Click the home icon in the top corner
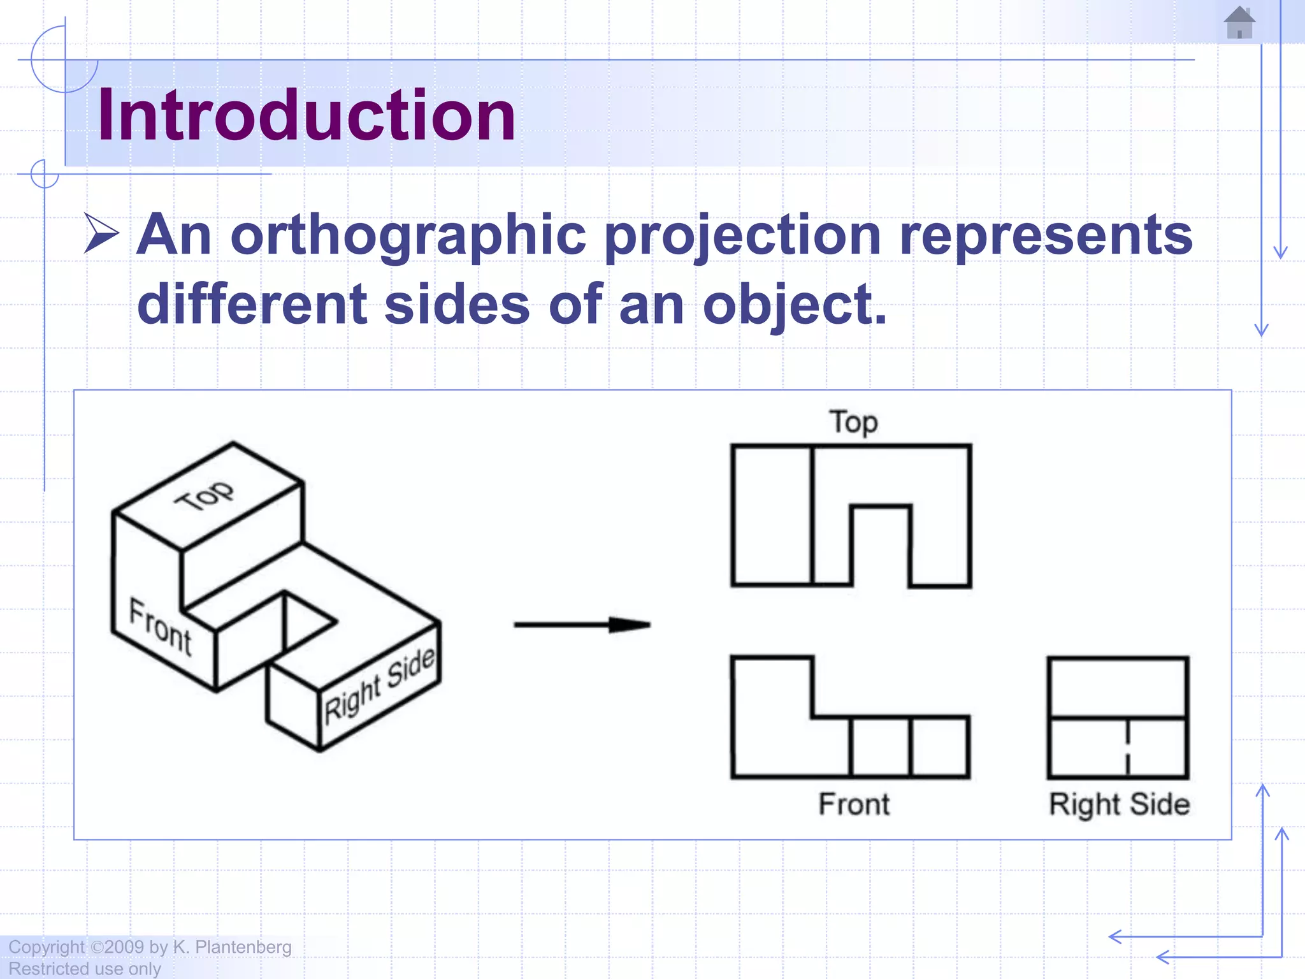[x=1239, y=23]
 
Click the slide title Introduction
[x=306, y=115]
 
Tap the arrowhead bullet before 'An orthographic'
[x=101, y=234]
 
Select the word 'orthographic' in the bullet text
[x=408, y=236]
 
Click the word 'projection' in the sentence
[x=742, y=236]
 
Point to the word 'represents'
[x=1045, y=236]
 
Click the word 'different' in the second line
[x=252, y=305]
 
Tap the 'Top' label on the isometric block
[x=205, y=495]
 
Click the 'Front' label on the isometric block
[x=160, y=627]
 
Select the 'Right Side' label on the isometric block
[x=380, y=686]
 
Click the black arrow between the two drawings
[x=582, y=625]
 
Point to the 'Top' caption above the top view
[x=853, y=423]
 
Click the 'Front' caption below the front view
[x=854, y=804]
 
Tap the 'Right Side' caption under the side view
[x=1119, y=804]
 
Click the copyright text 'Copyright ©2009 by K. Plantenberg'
[x=150, y=947]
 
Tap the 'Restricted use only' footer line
[x=84, y=969]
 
